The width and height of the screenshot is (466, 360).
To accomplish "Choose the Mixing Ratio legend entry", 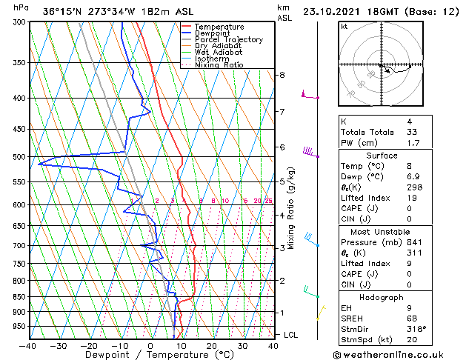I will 220,65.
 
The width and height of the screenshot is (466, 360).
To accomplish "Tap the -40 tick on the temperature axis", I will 28,345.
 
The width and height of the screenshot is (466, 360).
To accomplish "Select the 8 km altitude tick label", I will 282,75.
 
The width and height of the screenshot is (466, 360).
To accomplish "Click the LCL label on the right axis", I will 290,335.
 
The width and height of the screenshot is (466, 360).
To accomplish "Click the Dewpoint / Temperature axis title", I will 149,355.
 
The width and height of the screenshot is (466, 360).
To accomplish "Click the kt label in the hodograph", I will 344,27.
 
